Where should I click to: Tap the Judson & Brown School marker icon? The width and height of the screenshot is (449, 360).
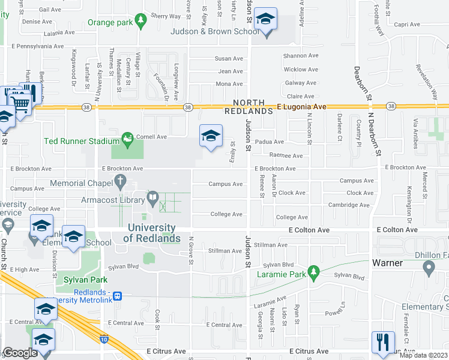(x=265, y=20)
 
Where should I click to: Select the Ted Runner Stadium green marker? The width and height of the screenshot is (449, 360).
(x=127, y=140)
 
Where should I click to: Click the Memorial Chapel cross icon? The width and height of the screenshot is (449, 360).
(x=121, y=179)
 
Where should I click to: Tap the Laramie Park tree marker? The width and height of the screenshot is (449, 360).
(x=313, y=273)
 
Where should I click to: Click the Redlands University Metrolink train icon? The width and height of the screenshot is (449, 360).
(x=118, y=296)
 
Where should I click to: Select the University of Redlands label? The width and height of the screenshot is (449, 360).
(x=152, y=233)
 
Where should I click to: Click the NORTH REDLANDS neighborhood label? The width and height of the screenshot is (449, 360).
(x=249, y=107)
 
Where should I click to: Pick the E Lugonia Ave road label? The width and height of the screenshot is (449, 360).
(x=301, y=106)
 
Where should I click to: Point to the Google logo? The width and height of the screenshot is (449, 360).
(x=20, y=353)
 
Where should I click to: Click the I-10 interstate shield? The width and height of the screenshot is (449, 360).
(x=106, y=339)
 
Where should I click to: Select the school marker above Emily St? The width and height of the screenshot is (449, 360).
(x=211, y=136)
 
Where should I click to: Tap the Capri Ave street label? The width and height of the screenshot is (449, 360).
(x=406, y=25)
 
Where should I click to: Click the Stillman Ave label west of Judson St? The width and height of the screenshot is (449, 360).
(x=224, y=251)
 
